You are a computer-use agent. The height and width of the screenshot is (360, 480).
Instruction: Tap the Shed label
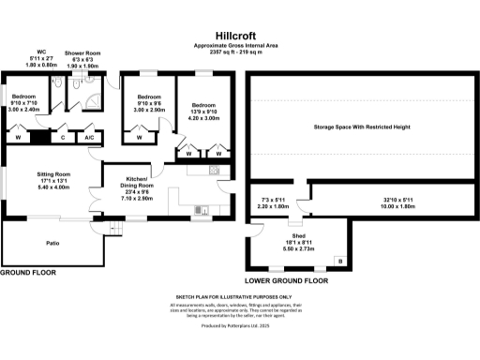pyautogui.click(x=298, y=237)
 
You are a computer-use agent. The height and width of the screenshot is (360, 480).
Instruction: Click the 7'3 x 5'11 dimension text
pyautogui.click(x=272, y=201)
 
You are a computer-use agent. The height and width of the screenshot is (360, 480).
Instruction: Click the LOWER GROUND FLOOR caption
pyautogui.click(x=287, y=280)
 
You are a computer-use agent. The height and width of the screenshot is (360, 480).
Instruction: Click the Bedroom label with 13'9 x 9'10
pyautogui.click(x=204, y=105)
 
